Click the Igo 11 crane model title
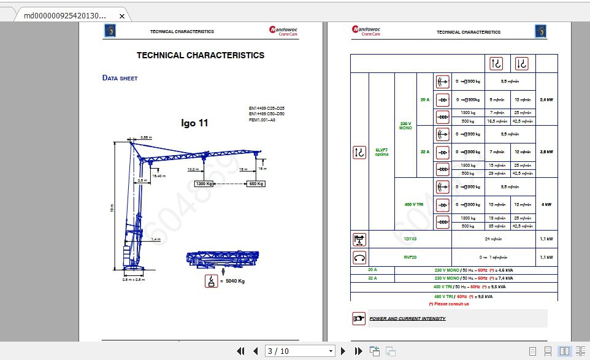click(194, 123)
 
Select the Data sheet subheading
click(120, 78)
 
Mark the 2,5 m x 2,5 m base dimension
click(134, 279)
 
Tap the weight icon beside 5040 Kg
click(212, 281)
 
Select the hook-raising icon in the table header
click(496, 64)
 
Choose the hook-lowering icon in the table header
click(522, 64)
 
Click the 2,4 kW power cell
click(546, 99)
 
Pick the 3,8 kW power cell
click(546, 151)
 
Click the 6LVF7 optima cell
click(381, 151)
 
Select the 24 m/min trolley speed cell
click(493, 239)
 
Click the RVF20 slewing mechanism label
click(410, 257)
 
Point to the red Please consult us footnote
click(448, 304)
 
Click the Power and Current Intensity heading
click(407, 318)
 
